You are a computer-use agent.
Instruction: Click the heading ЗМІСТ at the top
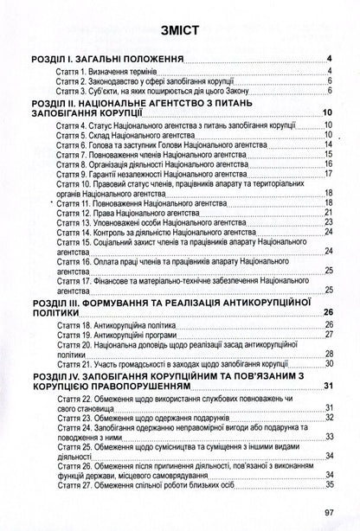(x=180, y=32)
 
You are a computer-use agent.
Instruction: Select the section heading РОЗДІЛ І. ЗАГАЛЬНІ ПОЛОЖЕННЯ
(x=106, y=60)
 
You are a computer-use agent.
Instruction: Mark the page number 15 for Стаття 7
(x=329, y=156)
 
